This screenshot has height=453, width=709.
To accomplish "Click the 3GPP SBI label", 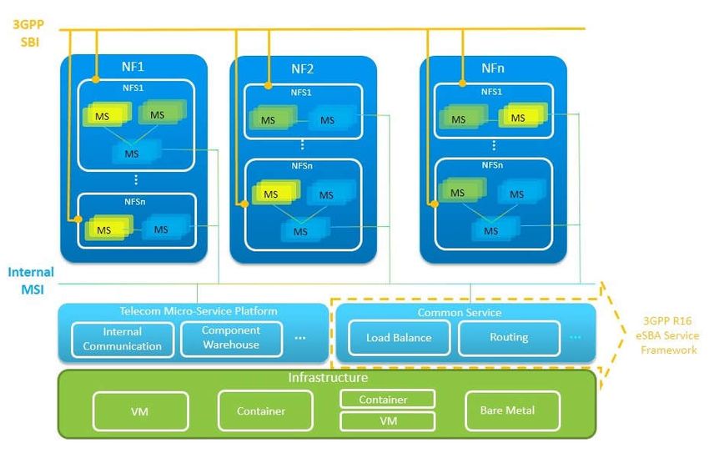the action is point(28,33).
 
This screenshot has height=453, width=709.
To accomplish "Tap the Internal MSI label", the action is point(31,280).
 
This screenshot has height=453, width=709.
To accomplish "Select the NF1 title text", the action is point(133,67).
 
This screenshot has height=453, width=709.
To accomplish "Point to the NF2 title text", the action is point(302,68).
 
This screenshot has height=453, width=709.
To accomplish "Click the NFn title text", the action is point(493,68).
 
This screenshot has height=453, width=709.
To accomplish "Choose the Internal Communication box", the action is point(123,340).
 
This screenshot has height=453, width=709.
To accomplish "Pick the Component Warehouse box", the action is point(231,338).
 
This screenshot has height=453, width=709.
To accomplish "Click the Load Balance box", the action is point(399,338).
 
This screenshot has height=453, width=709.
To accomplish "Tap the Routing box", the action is point(509,337).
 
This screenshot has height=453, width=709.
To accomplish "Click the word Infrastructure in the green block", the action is point(328,377).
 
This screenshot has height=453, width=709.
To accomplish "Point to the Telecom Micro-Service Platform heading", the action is point(198,311).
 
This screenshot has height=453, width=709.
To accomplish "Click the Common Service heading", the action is point(460,312).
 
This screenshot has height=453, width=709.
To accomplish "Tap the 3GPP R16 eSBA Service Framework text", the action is point(667,335).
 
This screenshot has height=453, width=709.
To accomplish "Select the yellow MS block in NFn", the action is point(523,116).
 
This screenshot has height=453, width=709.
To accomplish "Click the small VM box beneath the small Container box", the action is point(388,421).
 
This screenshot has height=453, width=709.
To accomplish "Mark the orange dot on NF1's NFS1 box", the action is point(95,79).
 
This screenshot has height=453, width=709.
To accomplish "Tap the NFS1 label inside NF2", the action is point(301,93).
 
